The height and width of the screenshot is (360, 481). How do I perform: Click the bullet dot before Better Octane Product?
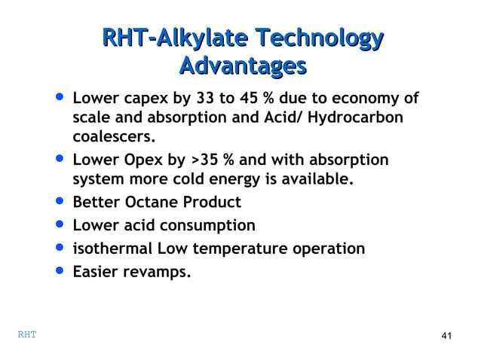click(x=59, y=202)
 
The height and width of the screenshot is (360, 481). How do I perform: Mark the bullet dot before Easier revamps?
click(x=59, y=270)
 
